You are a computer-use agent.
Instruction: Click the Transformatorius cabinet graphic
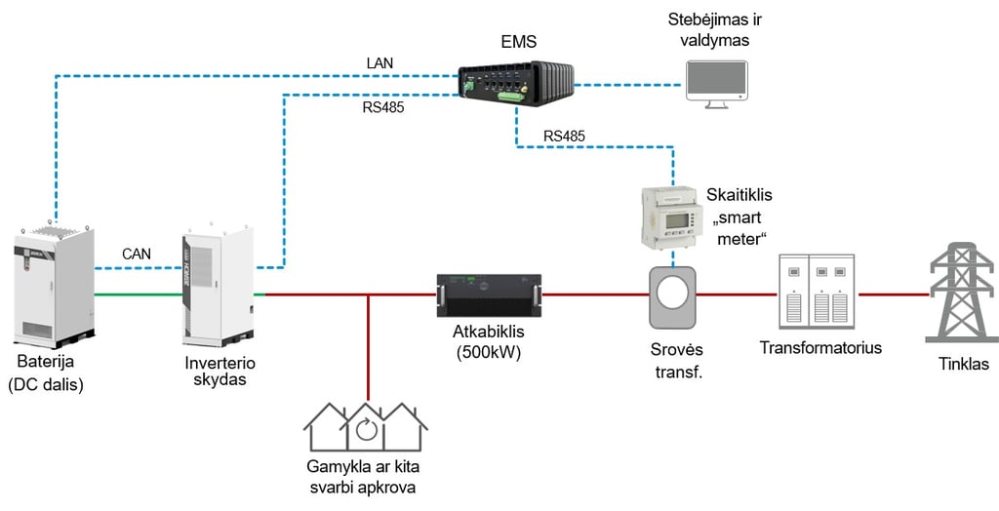coord(817,292)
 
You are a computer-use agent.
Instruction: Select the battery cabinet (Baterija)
coord(53,283)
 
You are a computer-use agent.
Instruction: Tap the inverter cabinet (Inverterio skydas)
coord(217,288)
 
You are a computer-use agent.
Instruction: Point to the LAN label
coord(380,63)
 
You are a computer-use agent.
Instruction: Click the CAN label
coord(137,255)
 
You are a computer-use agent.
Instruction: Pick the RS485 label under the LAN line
coord(383,108)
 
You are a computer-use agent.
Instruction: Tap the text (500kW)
coord(487,352)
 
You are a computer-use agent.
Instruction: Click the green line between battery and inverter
coord(137,293)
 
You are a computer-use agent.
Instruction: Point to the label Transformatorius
coord(820,347)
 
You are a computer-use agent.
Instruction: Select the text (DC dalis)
coord(46,385)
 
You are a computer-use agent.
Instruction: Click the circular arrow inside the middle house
coord(365,430)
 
